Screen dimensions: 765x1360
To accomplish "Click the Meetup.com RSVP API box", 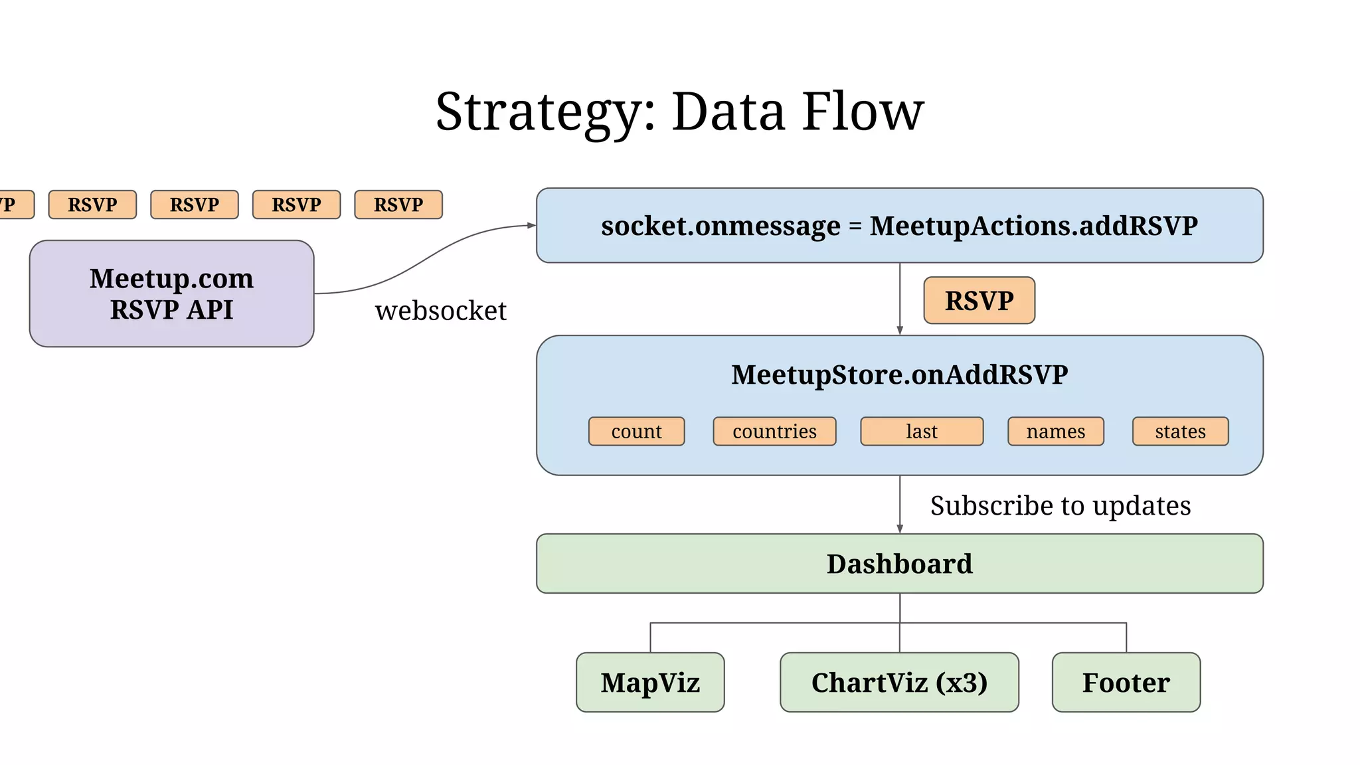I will click(171, 294).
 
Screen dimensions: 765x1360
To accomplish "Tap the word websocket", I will click(440, 311).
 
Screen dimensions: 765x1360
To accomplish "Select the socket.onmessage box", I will click(899, 226).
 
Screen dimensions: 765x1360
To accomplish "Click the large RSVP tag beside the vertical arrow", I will click(979, 301).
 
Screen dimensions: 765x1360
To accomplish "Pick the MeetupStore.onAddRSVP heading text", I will click(899, 375).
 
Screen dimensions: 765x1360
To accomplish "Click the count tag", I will click(636, 432).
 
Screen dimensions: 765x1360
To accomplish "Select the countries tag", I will click(774, 432).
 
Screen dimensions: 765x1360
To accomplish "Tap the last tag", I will click(922, 432).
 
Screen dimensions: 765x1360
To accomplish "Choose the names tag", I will click(1055, 432).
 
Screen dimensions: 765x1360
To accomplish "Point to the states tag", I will click(1180, 432).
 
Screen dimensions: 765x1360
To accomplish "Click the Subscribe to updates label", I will click(1060, 506).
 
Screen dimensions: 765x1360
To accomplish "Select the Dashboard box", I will click(899, 564).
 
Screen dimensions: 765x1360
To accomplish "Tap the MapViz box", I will click(650, 683).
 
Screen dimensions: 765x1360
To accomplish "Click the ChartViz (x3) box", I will click(899, 683).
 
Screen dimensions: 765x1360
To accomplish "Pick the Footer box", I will click(1126, 683).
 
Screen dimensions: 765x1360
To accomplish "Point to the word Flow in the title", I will click(863, 112).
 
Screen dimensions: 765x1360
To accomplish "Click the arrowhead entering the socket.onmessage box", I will click(531, 226).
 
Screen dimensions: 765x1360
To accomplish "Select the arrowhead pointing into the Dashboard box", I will click(900, 529).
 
